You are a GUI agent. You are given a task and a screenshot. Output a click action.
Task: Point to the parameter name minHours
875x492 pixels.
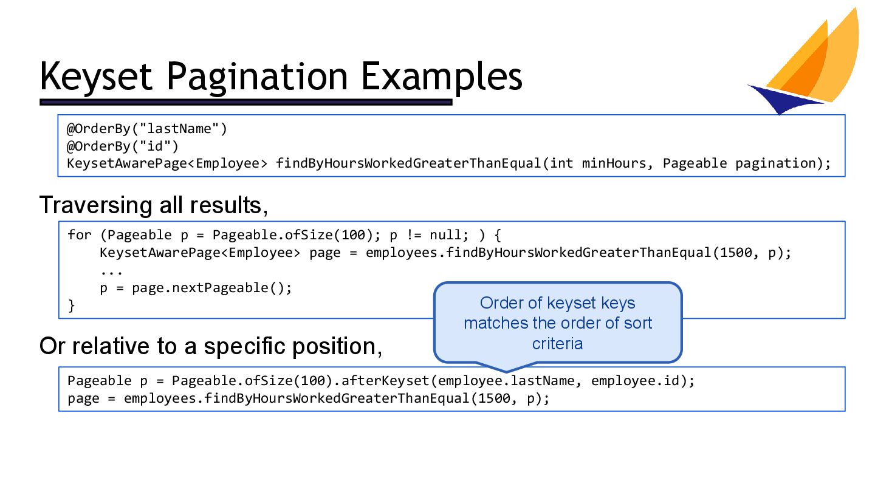point(614,163)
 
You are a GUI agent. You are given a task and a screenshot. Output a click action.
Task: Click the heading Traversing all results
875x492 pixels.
point(153,205)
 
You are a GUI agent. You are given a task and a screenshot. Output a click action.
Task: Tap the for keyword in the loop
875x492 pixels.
point(80,234)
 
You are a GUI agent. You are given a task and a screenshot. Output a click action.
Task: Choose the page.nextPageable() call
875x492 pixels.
point(212,288)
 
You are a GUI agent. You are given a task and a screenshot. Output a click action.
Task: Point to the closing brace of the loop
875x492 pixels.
point(71,306)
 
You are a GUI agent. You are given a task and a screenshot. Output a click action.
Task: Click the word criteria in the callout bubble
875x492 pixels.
point(557,344)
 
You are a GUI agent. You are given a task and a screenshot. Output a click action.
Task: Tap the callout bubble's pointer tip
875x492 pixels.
point(506,371)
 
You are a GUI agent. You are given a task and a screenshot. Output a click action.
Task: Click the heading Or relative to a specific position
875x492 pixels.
point(210,346)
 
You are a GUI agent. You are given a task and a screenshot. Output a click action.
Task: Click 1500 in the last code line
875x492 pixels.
point(494,398)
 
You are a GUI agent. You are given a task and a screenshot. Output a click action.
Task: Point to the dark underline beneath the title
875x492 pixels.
point(245,102)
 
